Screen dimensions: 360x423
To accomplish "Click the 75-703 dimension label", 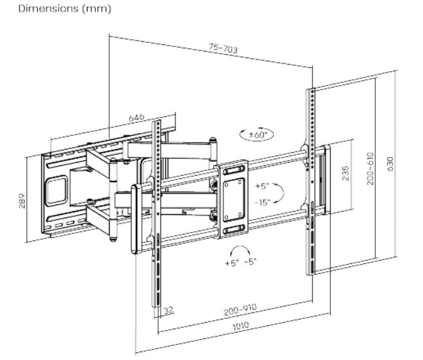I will click(x=223, y=48).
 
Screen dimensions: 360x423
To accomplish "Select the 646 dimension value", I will click(x=136, y=118).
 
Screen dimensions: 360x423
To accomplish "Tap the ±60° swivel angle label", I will click(x=257, y=135).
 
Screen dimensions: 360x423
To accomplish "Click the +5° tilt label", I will click(x=262, y=186).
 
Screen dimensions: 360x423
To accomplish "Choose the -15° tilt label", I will click(x=262, y=201).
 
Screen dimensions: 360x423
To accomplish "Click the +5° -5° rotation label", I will click(x=241, y=263).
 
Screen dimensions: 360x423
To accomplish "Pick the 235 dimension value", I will click(x=345, y=172).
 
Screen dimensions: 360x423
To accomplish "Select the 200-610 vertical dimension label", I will click(x=369, y=169).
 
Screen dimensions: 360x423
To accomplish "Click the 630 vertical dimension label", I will click(x=390, y=163).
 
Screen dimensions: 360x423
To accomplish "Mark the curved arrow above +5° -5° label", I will click(x=240, y=251).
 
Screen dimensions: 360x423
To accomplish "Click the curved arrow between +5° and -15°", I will click(x=278, y=193).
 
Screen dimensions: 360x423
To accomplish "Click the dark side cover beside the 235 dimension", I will click(x=324, y=179).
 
